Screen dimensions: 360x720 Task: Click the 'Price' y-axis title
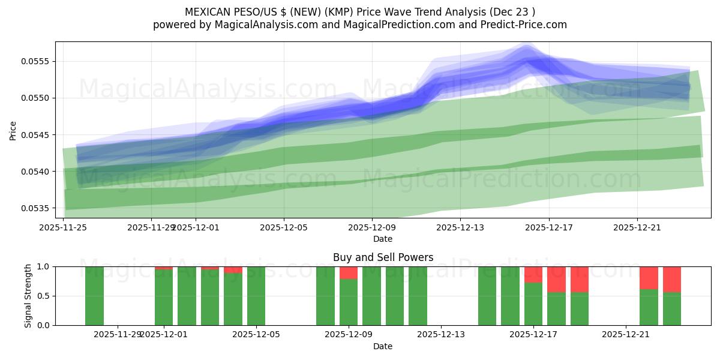pos(13,130)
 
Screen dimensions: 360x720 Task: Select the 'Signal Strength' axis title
pos(28,296)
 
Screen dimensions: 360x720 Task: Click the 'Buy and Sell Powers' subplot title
pos(383,257)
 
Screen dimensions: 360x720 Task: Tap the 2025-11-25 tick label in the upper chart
pos(63,227)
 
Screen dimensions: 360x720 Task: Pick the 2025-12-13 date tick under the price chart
pos(460,227)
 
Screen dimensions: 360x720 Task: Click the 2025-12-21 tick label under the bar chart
pos(626,334)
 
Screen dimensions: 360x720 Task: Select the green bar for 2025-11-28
pos(94,296)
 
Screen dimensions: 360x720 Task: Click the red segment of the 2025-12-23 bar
pos(672,279)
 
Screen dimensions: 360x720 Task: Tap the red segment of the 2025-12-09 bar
pos(349,272)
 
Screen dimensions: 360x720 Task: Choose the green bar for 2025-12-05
pos(256,296)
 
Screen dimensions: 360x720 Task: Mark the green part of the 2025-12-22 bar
pos(649,307)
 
